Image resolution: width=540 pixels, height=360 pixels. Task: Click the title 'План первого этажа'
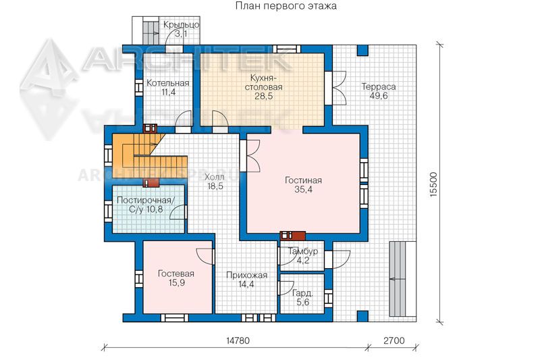pyautogui.click(x=286, y=6)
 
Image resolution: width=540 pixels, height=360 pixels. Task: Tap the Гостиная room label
pyautogui.click(x=303, y=180)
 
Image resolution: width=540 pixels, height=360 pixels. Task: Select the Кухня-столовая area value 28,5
pyautogui.click(x=264, y=96)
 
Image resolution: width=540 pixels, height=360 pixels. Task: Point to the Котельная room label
pyautogui.click(x=168, y=82)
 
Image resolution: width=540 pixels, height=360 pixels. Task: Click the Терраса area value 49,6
pyautogui.click(x=379, y=96)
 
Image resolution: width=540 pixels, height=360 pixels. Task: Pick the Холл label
pyautogui.click(x=215, y=177)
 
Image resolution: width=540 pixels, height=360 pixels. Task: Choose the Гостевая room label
pyautogui.click(x=176, y=274)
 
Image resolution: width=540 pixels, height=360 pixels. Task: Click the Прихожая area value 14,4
pyautogui.click(x=246, y=284)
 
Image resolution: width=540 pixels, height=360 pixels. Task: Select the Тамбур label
pyautogui.click(x=303, y=251)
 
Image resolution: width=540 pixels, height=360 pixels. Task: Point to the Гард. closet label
pyautogui.click(x=302, y=294)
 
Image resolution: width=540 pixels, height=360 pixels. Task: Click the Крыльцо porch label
pyautogui.click(x=181, y=25)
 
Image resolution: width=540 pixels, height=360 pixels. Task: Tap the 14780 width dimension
pyautogui.click(x=238, y=340)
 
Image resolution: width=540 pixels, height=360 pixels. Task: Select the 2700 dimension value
pyautogui.click(x=394, y=340)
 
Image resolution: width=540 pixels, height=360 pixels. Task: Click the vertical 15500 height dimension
pyautogui.click(x=433, y=184)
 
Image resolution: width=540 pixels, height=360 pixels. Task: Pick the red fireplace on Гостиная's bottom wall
pyautogui.click(x=293, y=236)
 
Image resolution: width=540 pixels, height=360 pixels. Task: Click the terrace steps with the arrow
pyautogui.click(x=402, y=278)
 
